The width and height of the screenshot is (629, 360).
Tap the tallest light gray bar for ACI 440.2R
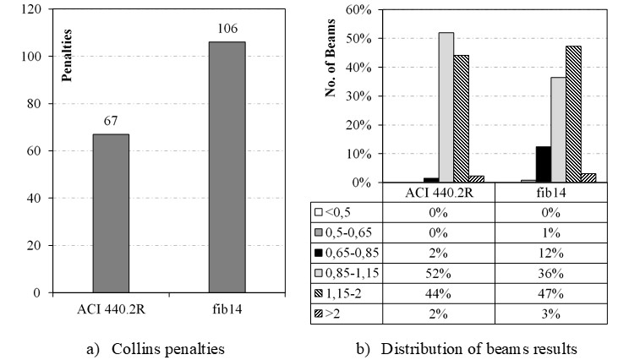click(446, 108)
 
